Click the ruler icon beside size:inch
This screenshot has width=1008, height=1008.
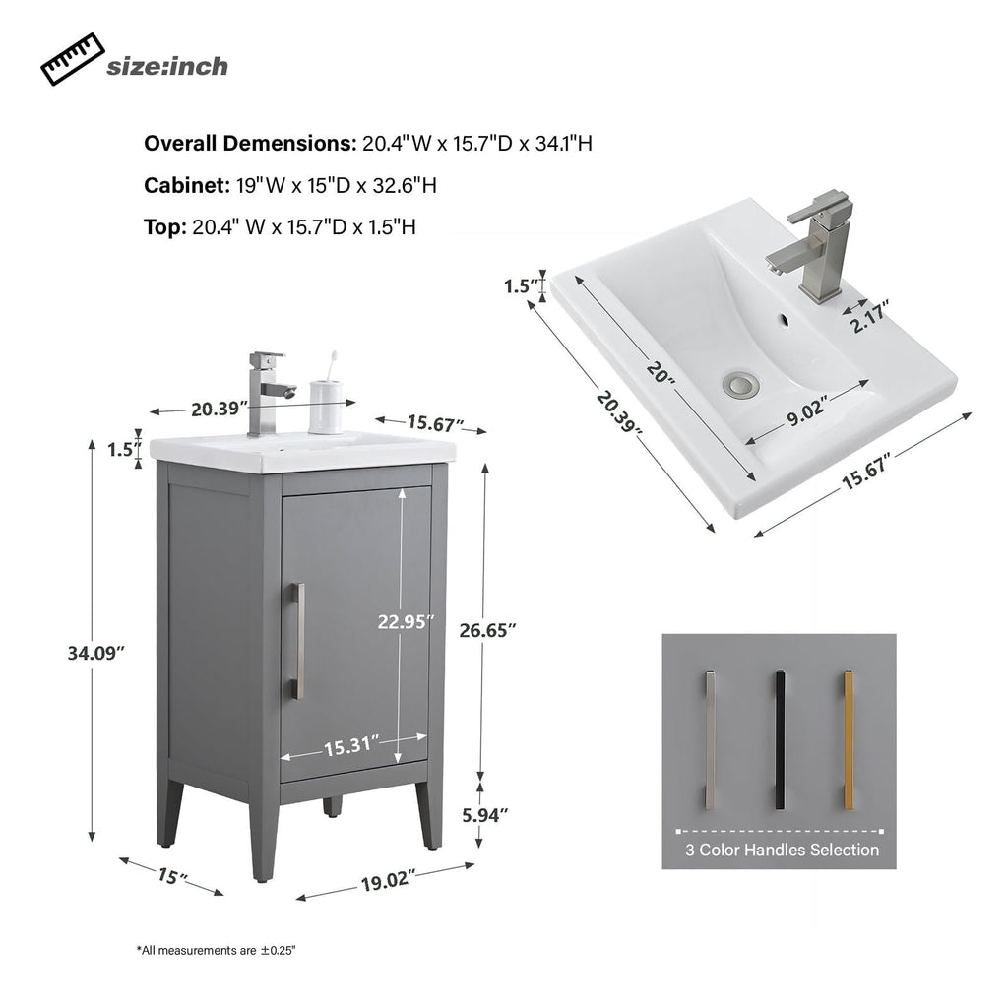coord(71,60)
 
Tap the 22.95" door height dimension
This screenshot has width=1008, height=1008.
coord(406,621)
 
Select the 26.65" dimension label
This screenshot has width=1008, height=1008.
coord(487,631)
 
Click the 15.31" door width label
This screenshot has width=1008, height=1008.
coord(351,746)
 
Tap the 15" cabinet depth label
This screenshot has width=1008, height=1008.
coord(171,874)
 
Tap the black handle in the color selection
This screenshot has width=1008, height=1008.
coord(779,740)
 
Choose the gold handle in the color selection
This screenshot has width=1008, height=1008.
coord(849,740)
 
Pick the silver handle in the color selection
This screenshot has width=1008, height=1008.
coord(710,740)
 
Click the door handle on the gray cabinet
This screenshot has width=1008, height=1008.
coord(298,641)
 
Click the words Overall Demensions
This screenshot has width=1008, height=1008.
coord(250,144)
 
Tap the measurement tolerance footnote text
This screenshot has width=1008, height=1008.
coord(216,951)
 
